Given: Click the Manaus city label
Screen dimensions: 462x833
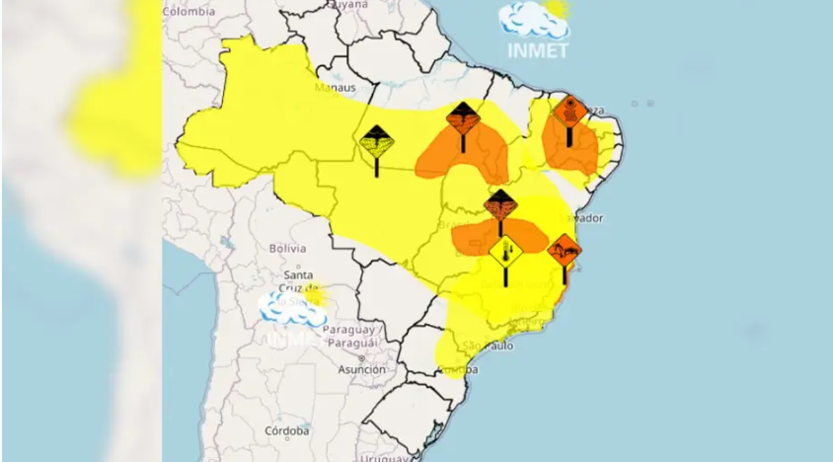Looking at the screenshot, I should (335, 87).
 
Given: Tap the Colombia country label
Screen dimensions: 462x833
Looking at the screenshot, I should (189, 11).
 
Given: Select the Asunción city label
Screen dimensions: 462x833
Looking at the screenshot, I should (361, 368).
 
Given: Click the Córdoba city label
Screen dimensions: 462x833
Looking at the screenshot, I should (288, 430).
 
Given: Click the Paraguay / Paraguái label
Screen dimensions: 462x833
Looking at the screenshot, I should (352, 335).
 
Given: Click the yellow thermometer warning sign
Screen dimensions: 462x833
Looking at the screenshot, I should (505, 251).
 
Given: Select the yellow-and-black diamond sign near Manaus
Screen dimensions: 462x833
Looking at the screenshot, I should (377, 144).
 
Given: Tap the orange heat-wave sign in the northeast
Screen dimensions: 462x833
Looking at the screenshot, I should (569, 111).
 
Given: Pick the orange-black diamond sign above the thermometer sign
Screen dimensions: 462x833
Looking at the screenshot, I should (500, 206).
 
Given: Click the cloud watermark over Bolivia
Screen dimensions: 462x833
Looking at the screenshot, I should (291, 309).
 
